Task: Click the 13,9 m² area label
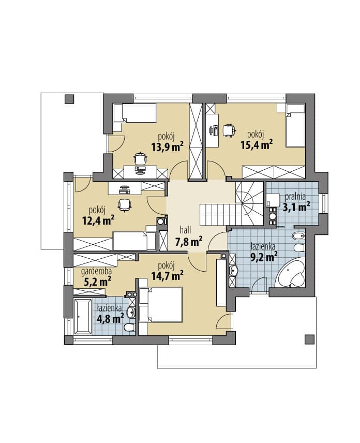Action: click(x=167, y=146)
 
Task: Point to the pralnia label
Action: click(x=295, y=196)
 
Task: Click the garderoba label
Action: click(x=96, y=272)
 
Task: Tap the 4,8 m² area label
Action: click(x=110, y=319)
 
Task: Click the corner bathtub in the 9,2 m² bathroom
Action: click(x=291, y=273)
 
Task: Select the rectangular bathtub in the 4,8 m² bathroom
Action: click(x=83, y=316)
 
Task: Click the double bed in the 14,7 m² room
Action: click(x=160, y=305)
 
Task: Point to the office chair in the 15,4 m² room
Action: click(x=229, y=130)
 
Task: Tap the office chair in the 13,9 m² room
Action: click(x=140, y=158)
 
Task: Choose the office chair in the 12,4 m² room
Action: click(x=125, y=205)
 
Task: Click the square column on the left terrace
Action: click(x=69, y=99)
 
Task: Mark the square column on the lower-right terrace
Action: click(x=310, y=339)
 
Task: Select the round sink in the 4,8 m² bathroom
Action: click(x=131, y=313)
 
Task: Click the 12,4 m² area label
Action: click(x=98, y=220)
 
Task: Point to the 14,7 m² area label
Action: click(x=168, y=275)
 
